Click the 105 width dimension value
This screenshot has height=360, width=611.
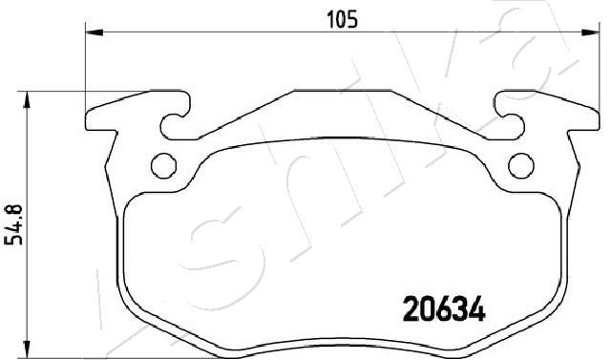point(342,20)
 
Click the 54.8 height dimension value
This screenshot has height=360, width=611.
point(13,224)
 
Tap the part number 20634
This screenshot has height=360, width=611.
point(444,308)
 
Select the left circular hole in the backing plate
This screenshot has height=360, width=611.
point(163,166)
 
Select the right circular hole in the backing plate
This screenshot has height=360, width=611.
point(521,166)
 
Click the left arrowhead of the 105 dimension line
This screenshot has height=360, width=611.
point(94,32)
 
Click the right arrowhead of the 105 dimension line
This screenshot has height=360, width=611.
point(590,32)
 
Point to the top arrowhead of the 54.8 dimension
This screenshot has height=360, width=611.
point(27,99)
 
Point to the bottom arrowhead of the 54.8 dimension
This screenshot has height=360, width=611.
point(27,348)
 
